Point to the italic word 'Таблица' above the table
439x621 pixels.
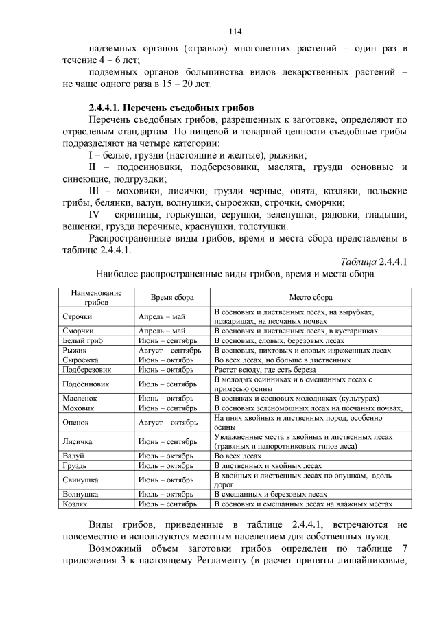pos(359,261)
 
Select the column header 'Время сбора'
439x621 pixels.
pos(171,298)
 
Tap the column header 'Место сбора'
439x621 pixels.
pos(310,298)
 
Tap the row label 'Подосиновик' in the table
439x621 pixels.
pos(86,384)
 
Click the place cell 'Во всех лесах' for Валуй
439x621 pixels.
pos(238,455)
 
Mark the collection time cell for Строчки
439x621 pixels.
pos(162,316)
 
